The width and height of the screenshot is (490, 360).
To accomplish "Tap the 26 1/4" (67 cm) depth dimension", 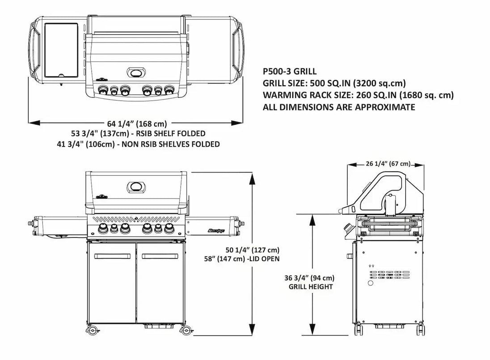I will coord(387,164).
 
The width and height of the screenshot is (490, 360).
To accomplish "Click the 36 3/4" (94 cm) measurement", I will coord(308,277).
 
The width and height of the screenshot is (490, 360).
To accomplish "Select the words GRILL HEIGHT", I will coord(310,287).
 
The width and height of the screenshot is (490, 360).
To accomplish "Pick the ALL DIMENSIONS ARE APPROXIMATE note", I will coord(339,107).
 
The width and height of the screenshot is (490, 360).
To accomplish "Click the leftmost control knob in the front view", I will coord(103,229).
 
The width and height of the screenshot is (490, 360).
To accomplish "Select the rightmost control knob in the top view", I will coord(168,90).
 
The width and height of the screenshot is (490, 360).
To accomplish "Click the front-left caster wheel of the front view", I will coord(93,331).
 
